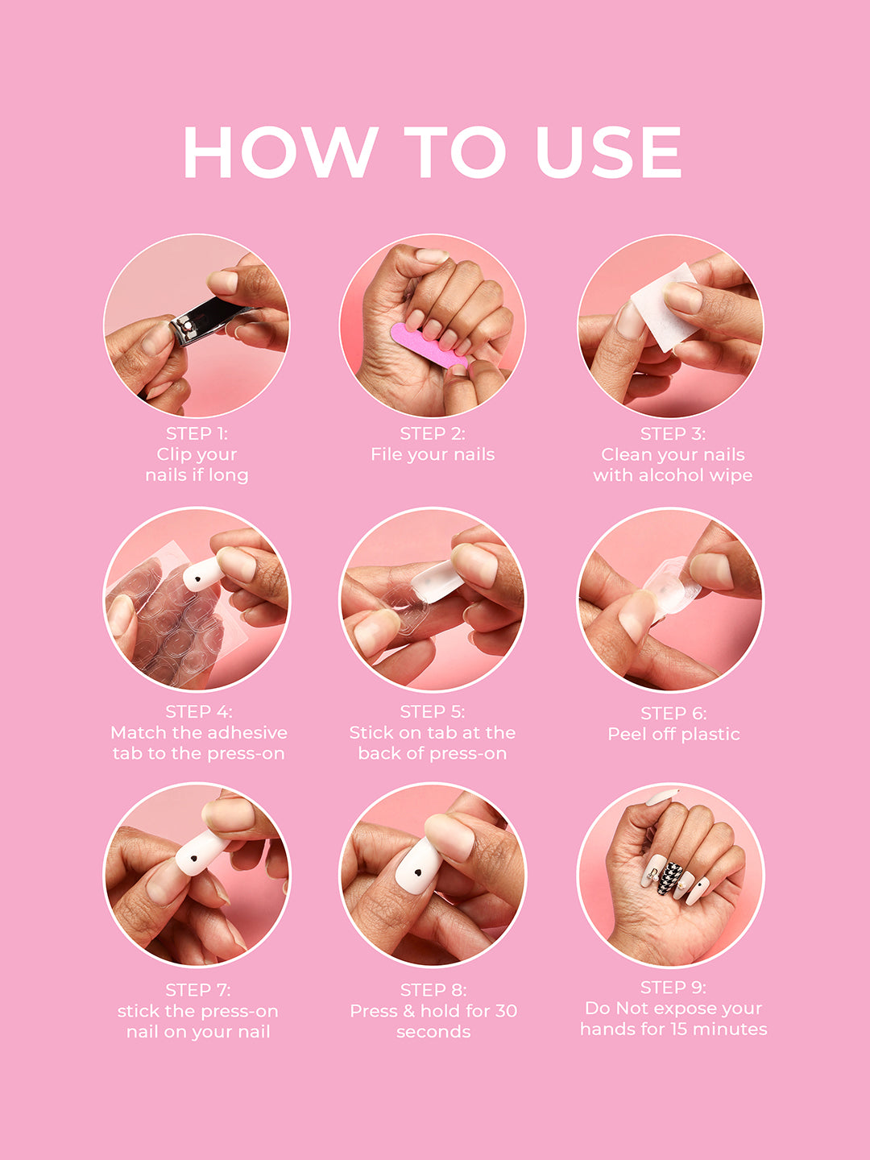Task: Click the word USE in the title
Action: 608,151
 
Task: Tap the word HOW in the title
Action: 280,151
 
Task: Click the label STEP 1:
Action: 197,433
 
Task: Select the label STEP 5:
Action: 433,711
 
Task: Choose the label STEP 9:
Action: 673,988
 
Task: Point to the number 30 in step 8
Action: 506,1011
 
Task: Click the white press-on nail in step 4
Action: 201,574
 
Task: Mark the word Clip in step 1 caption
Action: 173,454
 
